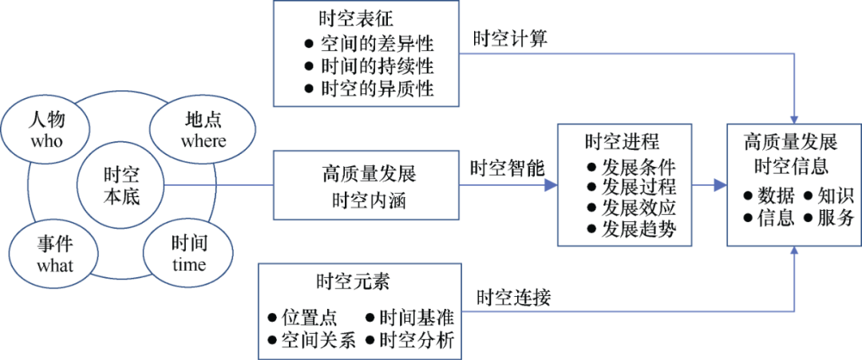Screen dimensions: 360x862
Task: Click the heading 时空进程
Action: (x=622, y=142)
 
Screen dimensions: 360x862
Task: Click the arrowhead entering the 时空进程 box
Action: (x=551, y=186)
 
